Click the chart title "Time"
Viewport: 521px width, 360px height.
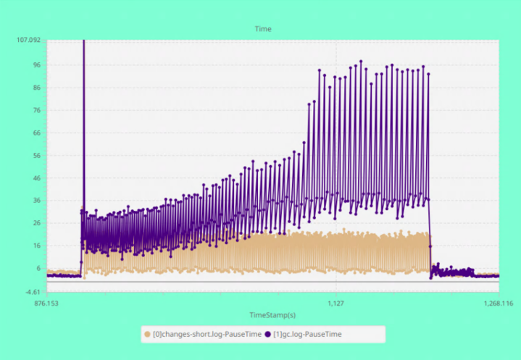[x=262, y=29]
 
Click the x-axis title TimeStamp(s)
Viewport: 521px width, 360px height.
[x=272, y=315]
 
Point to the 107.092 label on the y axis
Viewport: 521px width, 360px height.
[x=28, y=40]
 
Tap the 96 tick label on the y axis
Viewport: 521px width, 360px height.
[x=36, y=64]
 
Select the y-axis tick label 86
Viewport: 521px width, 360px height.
[x=36, y=88]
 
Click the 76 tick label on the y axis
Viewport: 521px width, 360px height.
[x=36, y=110]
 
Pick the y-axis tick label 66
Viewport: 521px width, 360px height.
[x=36, y=133]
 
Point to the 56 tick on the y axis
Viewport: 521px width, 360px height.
[x=36, y=155]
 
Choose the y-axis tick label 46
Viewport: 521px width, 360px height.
[x=36, y=177]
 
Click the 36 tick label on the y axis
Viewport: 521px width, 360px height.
[x=36, y=200]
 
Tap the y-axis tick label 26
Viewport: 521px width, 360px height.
[x=36, y=222]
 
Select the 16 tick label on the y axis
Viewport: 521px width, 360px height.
[x=36, y=246]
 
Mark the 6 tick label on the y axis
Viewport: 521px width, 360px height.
[x=38, y=268]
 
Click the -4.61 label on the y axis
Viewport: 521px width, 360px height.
[x=32, y=292]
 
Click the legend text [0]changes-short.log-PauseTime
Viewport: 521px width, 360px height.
[x=206, y=334]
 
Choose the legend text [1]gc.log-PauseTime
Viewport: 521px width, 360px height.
[x=307, y=334]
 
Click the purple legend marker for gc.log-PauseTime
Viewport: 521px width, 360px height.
[x=268, y=334]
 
